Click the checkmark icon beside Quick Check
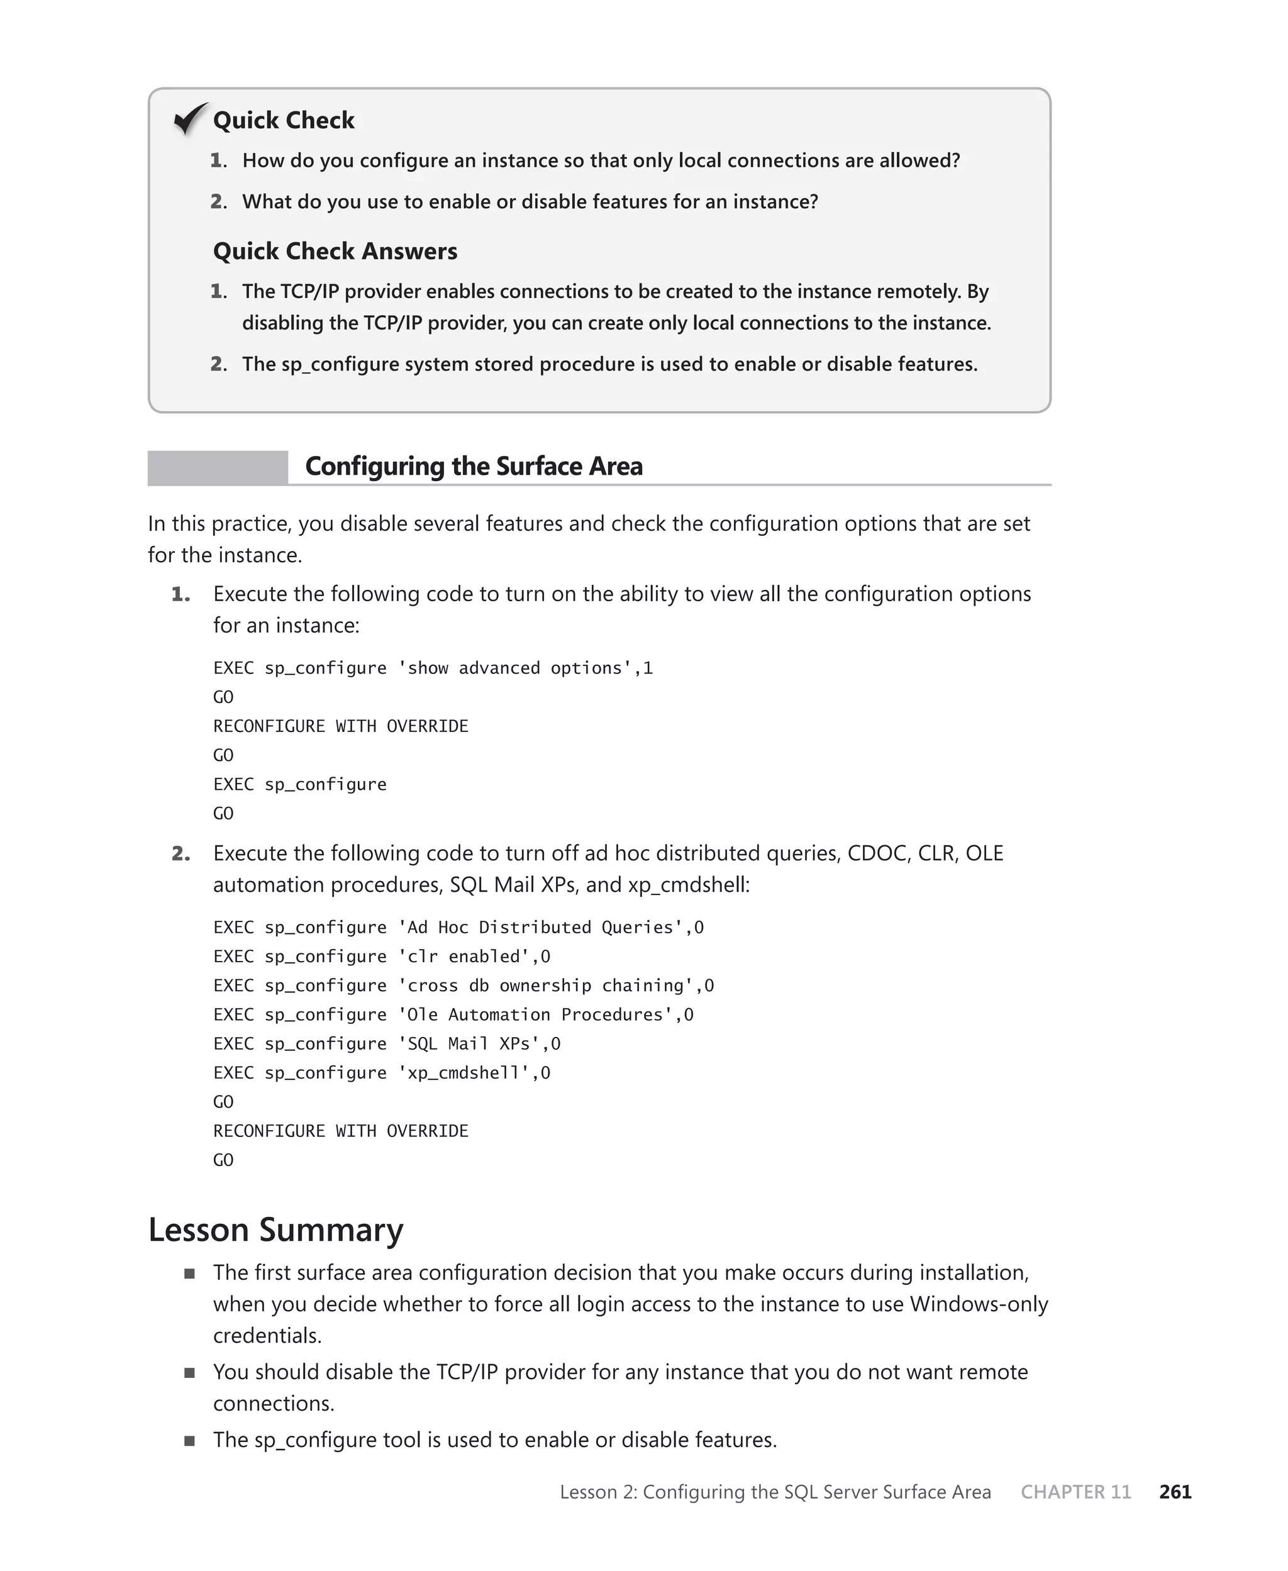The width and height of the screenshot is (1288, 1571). tap(190, 119)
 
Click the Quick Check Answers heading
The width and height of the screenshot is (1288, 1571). tap(335, 252)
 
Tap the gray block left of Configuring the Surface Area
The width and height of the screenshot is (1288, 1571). tap(218, 468)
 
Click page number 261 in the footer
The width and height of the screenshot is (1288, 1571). tap(1175, 1492)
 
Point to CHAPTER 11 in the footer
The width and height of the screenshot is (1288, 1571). tap(1075, 1492)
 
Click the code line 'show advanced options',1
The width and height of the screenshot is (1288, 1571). tap(433, 669)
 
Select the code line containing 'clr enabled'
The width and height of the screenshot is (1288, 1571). tap(381, 957)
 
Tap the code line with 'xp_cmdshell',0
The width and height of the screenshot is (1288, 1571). tap(381, 1074)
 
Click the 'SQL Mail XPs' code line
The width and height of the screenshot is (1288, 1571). tap(387, 1045)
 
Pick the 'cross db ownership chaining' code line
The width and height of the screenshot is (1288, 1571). tap(463, 985)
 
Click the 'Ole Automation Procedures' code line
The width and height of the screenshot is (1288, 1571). tap(453, 1014)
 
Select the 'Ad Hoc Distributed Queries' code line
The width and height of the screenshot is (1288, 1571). tap(458, 928)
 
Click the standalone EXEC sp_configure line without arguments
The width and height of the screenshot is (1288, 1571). tap(300, 785)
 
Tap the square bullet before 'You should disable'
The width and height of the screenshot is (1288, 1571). tap(190, 1372)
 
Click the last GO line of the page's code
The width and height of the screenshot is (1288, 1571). tap(223, 1160)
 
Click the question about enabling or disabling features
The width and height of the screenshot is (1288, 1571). tap(530, 202)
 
